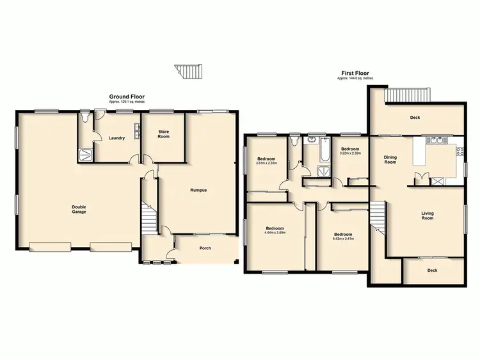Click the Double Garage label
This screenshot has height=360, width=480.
coord(79,208)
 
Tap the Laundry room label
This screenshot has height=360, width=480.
coord(116,137)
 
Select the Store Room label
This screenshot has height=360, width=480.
coord(163,134)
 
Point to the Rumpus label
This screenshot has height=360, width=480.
coord(198,190)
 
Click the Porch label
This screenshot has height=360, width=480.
coord(205,249)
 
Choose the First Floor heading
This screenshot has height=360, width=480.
coord(355,74)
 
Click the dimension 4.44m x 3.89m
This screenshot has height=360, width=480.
coord(274,233)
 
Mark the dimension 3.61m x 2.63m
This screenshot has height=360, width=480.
coord(266,163)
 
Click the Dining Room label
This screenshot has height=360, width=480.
coord(390,159)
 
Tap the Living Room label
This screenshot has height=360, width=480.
coord(427,215)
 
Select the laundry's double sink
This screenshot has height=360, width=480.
coord(136,132)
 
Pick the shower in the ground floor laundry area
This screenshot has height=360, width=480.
coord(84,153)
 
